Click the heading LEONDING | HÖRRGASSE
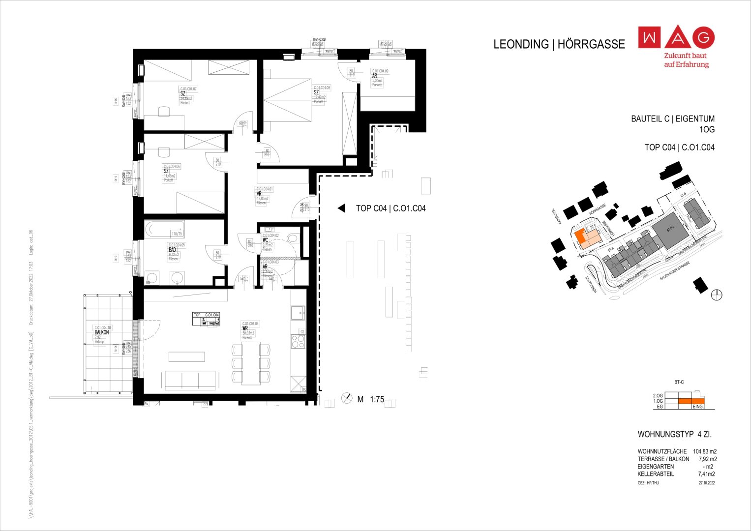[559, 44]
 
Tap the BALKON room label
[102, 333]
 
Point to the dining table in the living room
[251, 364]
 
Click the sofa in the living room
[190, 380]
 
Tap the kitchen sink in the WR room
[298, 313]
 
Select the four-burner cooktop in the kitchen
[298, 342]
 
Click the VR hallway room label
[259, 194]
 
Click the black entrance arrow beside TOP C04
[341, 208]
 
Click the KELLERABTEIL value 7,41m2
[706, 474]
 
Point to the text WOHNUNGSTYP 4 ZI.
[674, 435]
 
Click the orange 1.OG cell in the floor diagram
[691, 401]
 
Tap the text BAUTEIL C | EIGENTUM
[672, 119]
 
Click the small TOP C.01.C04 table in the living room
[206, 319]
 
